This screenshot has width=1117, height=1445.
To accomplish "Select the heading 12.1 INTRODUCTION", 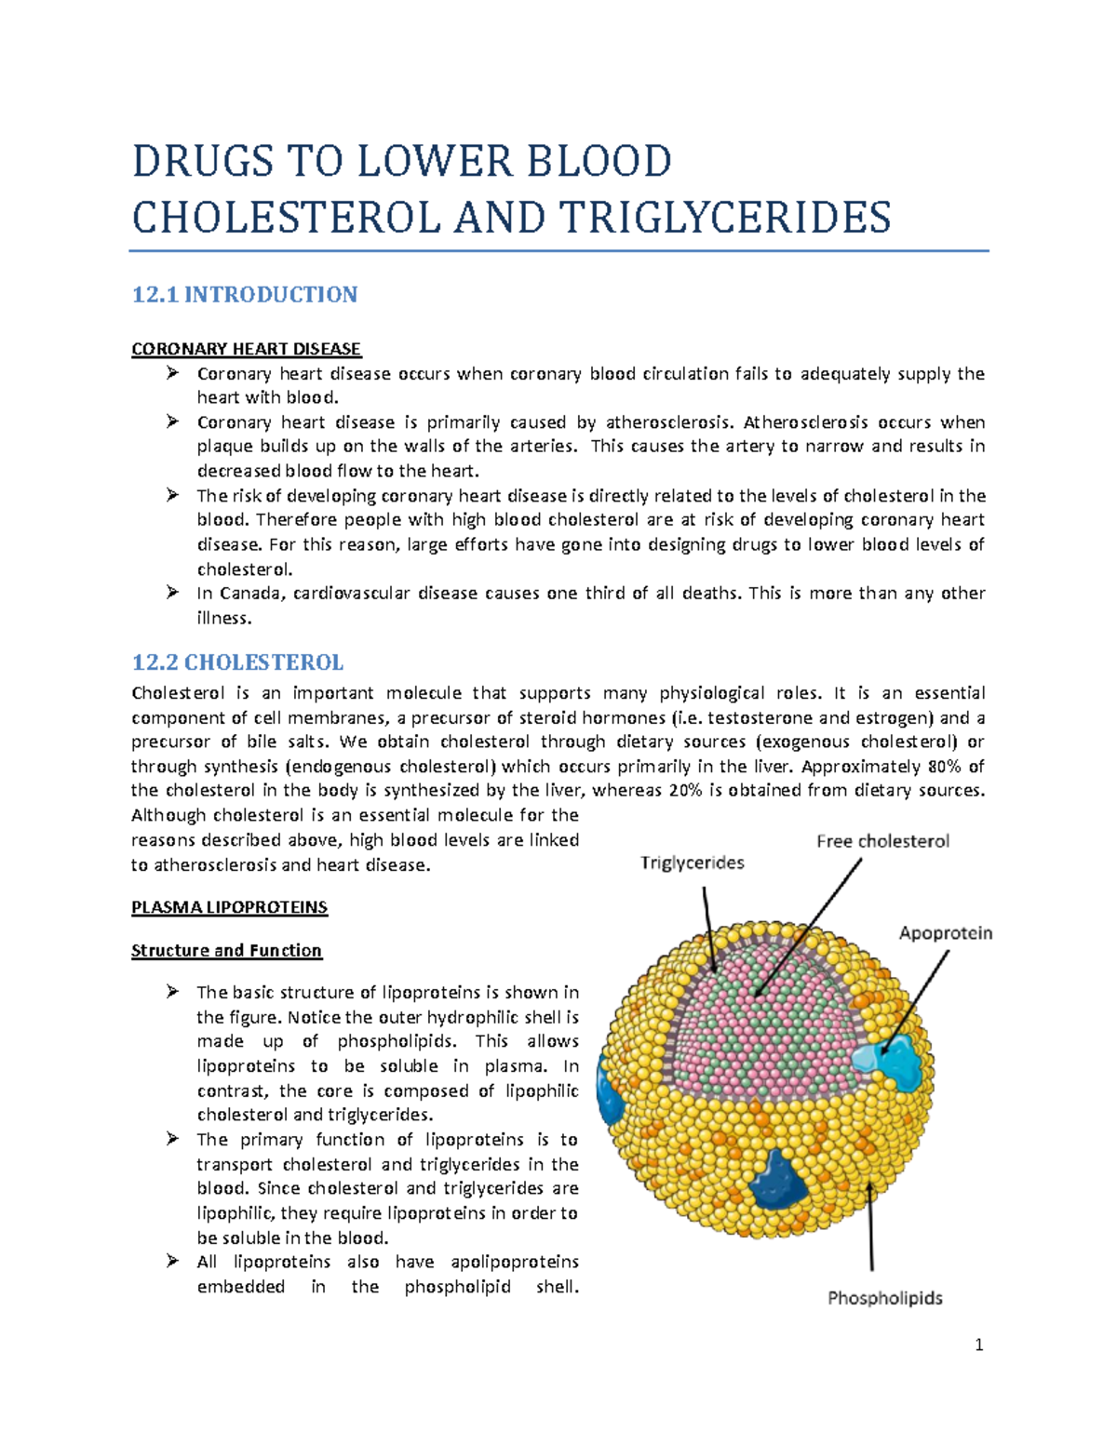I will (244, 295).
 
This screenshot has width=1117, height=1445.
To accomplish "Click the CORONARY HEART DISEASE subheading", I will (246, 349).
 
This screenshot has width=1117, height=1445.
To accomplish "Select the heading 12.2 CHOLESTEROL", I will (237, 662).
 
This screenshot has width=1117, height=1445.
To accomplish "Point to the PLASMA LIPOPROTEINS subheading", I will (229, 907).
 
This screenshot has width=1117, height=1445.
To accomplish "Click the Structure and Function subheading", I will (226, 950).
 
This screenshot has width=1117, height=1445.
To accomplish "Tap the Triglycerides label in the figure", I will (692, 863).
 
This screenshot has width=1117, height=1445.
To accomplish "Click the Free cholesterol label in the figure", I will (882, 841).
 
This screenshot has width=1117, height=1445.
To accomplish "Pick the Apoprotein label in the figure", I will (945, 933).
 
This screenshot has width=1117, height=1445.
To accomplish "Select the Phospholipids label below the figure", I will (884, 1298).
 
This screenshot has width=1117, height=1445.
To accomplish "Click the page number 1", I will (978, 1345).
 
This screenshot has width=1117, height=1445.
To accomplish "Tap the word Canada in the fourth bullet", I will (249, 594).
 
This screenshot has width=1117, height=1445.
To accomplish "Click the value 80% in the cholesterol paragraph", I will (947, 767).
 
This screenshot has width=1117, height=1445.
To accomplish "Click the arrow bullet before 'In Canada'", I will (172, 593).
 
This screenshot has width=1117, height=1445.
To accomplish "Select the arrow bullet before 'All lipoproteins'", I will (172, 1262).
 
